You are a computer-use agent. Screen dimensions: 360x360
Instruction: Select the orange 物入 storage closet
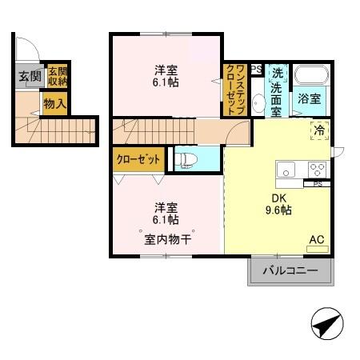click(x=54, y=103)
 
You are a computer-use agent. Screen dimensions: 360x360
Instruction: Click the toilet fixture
click(x=184, y=158)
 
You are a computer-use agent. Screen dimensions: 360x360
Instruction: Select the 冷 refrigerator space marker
click(x=320, y=130)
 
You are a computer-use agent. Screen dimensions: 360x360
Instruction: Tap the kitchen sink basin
click(x=286, y=169)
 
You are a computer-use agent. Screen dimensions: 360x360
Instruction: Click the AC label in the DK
click(x=318, y=238)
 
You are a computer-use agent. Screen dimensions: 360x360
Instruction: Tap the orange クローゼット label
click(x=138, y=159)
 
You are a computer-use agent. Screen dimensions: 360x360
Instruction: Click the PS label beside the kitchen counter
click(x=317, y=184)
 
